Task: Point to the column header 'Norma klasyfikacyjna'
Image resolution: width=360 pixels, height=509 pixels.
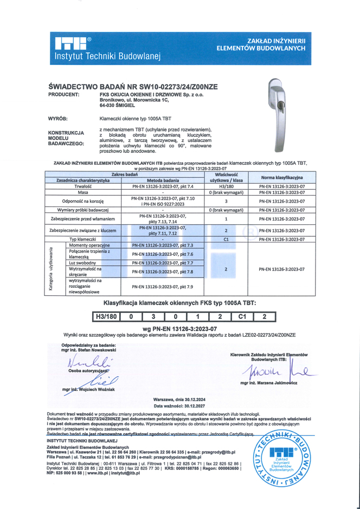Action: pyautogui.click(x=281, y=177)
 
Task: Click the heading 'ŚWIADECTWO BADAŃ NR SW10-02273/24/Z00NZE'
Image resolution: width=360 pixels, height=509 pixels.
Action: pyautogui.click(x=133, y=86)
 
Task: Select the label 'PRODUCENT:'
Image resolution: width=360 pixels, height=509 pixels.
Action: pyautogui.click(x=64, y=94)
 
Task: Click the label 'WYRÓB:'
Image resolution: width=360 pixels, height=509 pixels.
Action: pyautogui.click(x=58, y=118)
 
